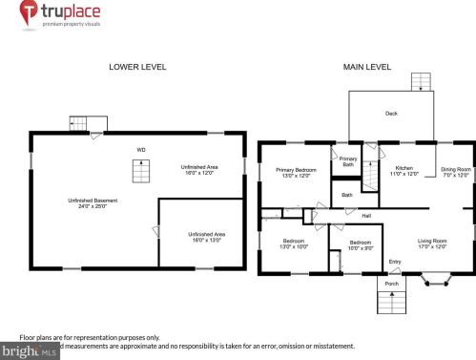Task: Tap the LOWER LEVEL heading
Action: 138,67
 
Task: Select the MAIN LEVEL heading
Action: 367,67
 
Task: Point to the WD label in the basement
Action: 140,150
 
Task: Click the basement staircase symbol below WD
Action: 140,173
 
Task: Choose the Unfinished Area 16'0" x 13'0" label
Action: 206,237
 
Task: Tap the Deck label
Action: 391,114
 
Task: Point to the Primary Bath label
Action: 347,161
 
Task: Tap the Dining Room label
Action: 456,172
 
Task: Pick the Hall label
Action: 365,216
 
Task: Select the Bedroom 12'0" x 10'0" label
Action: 294,244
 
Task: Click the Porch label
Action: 391,284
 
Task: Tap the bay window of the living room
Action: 438,281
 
